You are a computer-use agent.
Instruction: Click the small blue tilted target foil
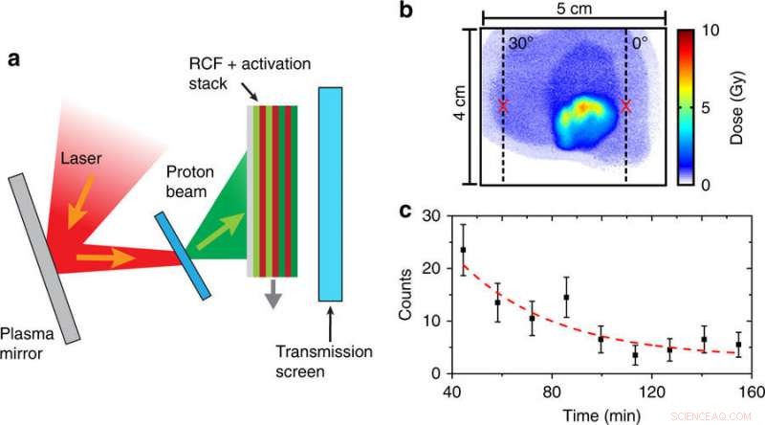pyautogui.click(x=182, y=256)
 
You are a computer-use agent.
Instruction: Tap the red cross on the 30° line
pyautogui.click(x=503, y=106)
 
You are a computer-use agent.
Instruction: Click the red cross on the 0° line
pyautogui.click(x=626, y=106)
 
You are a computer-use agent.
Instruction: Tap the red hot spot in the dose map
pyautogui.click(x=581, y=109)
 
